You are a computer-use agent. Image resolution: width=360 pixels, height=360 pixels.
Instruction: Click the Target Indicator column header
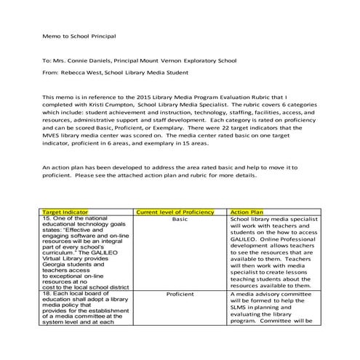[x=66, y=211]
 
